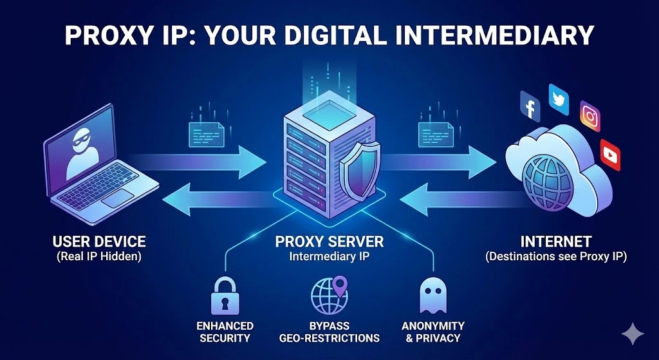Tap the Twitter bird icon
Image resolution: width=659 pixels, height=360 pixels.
pos(558,97)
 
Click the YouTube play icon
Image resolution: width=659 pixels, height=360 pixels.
pos(609,154)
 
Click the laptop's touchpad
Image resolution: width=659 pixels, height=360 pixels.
pos(120,198)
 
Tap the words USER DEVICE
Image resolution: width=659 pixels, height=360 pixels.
pos(99,242)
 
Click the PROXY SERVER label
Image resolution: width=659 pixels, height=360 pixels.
pos(329,242)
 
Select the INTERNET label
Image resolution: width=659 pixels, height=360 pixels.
pos(556,242)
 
